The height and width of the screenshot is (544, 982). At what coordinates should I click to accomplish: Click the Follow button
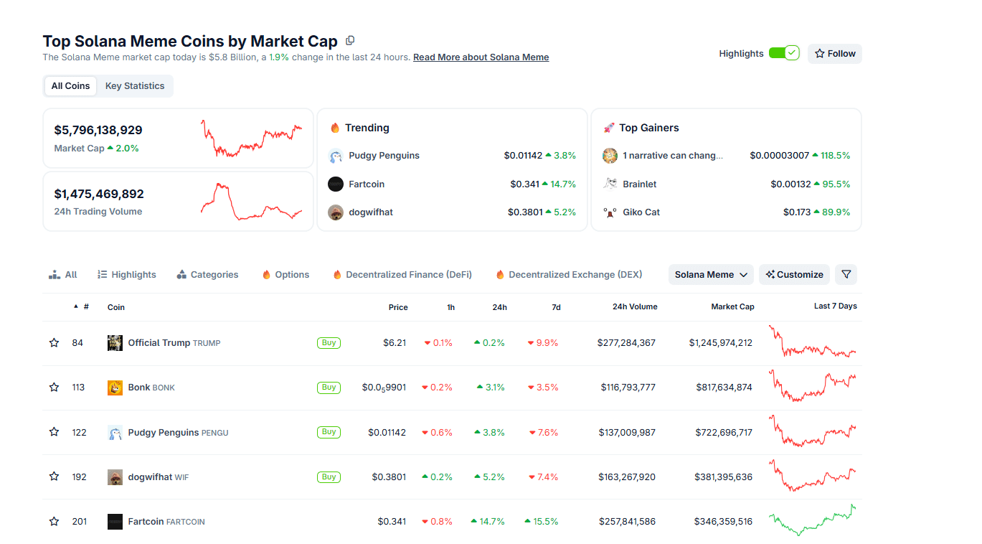click(x=834, y=54)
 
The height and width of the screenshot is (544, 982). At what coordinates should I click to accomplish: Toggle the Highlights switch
click(x=783, y=53)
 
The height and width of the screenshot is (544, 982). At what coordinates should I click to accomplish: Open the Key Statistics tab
click(x=135, y=86)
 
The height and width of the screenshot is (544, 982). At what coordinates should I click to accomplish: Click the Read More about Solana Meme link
click(x=481, y=57)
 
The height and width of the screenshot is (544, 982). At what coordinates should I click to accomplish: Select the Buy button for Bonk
click(x=329, y=388)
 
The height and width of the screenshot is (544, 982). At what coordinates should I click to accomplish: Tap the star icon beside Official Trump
click(x=54, y=343)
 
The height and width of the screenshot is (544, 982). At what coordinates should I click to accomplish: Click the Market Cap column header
click(x=732, y=307)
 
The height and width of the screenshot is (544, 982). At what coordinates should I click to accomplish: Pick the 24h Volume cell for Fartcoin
click(x=627, y=522)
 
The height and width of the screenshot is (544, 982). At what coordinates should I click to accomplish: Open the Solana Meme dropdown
click(x=711, y=275)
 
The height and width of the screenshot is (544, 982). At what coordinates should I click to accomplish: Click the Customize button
click(x=794, y=275)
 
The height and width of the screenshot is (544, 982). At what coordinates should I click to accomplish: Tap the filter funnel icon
click(x=846, y=275)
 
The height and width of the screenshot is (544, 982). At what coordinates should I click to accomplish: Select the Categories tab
click(x=208, y=275)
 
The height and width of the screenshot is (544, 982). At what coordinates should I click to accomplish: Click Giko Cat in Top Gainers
click(x=641, y=212)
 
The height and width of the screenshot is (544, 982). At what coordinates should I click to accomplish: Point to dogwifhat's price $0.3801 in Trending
click(x=525, y=212)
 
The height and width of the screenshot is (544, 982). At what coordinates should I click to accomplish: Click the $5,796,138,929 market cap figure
click(x=98, y=131)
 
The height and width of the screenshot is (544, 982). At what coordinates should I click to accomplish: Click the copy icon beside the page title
click(x=350, y=41)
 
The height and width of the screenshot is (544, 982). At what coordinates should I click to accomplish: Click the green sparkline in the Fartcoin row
click(x=812, y=521)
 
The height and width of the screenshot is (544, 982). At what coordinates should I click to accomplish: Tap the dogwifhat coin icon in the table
click(x=115, y=477)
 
